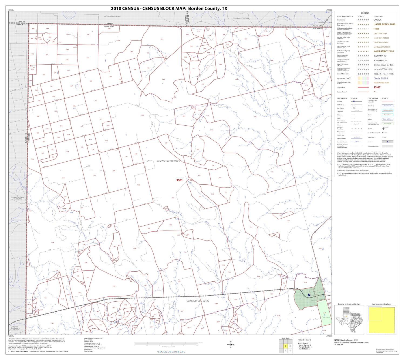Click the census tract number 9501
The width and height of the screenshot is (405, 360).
pyautogui.click(x=180, y=180)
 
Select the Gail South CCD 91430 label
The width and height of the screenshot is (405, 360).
pyautogui.click(x=198, y=301)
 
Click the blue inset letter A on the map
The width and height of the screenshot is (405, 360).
pyautogui.click(x=309, y=295)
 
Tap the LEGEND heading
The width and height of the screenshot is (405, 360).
pyautogui.click(x=365, y=13)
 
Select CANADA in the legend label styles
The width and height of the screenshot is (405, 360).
pyautogui.click(x=377, y=20)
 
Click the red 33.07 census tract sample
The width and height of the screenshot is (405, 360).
pyautogui.click(x=377, y=87)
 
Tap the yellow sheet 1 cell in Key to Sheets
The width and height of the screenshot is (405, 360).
pyautogui.click(x=285, y=346)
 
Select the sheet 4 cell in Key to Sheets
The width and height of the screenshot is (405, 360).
pyautogui.click(x=290, y=351)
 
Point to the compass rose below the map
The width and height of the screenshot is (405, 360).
pyautogui.click(x=231, y=345)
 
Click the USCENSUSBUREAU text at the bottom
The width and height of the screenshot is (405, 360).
pyautogui.click(x=171, y=351)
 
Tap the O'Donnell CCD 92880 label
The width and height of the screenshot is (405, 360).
pyautogui.click(x=112, y=16)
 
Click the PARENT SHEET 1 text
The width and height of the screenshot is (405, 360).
pyautogui.click(x=304, y=340)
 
